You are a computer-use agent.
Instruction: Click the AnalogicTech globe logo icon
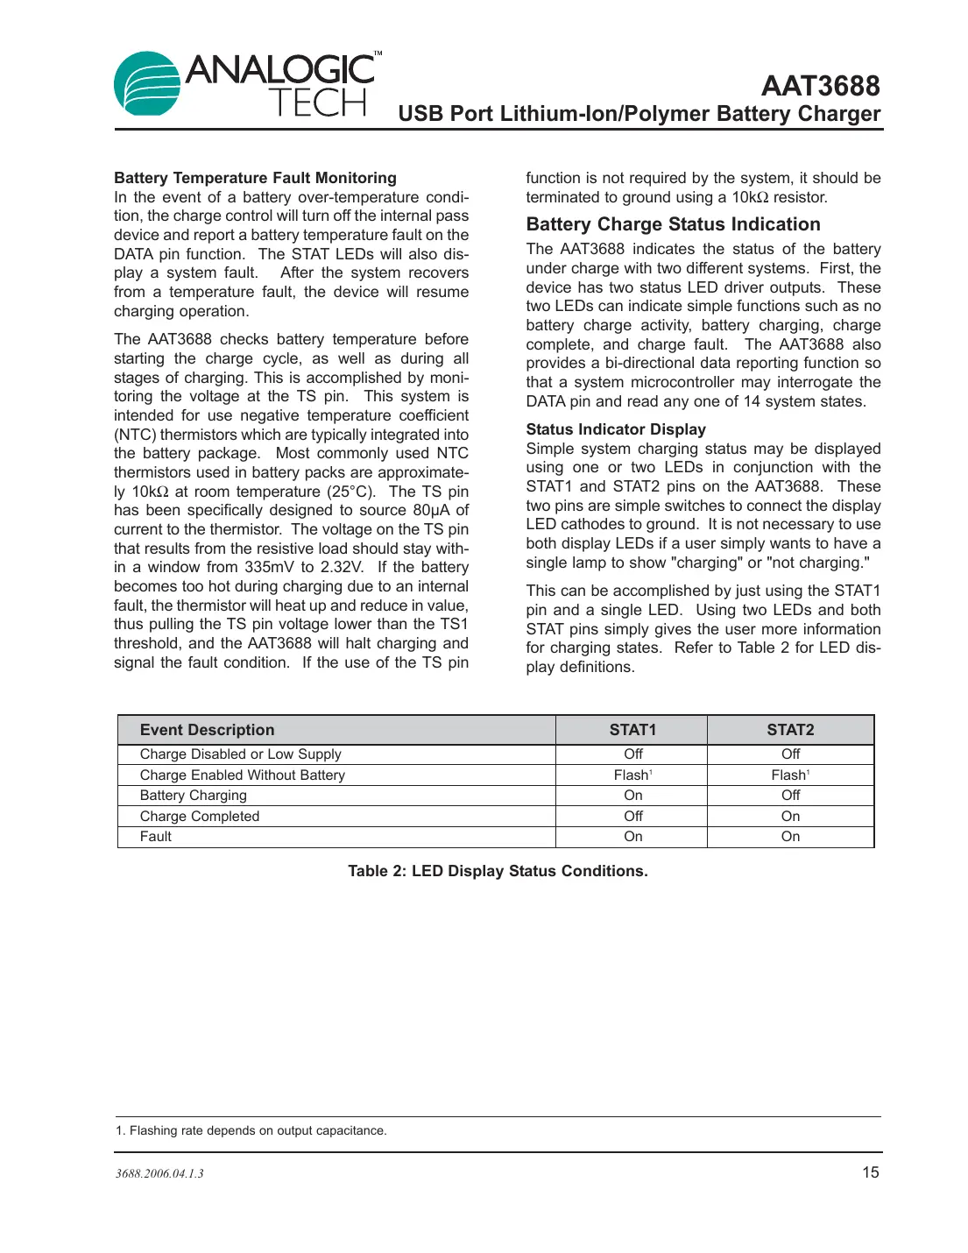click(147, 84)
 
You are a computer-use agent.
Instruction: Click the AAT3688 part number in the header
click(820, 86)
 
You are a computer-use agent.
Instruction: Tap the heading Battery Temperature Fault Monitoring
click(255, 178)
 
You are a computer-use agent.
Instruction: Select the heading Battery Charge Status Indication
click(673, 224)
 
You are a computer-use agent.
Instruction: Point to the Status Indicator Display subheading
click(615, 429)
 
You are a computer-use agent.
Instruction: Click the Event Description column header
click(207, 730)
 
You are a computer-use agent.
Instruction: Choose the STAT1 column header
click(632, 730)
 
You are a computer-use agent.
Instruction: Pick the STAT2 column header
click(790, 730)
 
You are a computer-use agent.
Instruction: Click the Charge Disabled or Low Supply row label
click(240, 754)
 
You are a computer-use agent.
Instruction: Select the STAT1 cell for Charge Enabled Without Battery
click(632, 775)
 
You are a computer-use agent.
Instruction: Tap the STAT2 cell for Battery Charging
click(790, 796)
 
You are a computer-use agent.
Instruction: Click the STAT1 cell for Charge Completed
click(632, 817)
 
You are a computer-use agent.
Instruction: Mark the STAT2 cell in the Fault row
click(790, 837)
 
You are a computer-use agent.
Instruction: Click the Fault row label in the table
click(156, 837)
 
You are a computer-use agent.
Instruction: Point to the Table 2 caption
click(498, 871)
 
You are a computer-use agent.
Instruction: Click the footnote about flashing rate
click(251, 1131)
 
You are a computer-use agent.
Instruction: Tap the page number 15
click(870, 1172)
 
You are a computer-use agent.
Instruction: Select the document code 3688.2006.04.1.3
click(159, 1174)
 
